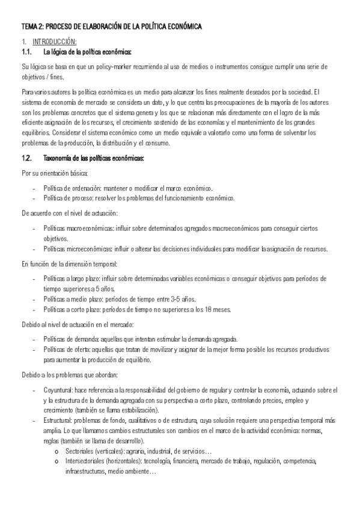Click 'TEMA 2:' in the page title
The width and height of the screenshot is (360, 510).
(32, 27)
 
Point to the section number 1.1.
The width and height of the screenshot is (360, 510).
(27, 52)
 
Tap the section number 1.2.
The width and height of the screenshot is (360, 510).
(27, 159)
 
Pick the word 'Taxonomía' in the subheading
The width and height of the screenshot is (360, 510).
(59, 159)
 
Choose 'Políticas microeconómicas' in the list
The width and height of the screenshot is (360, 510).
(76, 248)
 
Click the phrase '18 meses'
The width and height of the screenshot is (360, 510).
(218, 310)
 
